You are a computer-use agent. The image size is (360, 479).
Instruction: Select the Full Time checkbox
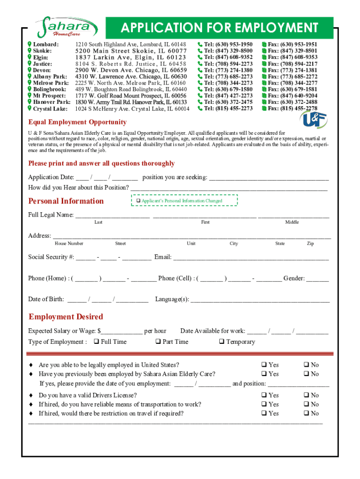[96, 341]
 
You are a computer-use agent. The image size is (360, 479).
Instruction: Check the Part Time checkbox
[158, 341]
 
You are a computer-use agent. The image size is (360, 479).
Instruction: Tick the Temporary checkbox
[222, 341]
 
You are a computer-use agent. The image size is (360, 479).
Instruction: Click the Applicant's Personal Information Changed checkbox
[138, 201]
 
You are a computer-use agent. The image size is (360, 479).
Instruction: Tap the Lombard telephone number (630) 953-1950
[228, 44]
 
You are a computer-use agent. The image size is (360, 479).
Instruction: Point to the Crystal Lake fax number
[292, 108]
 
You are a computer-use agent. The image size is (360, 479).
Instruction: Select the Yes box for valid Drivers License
[264, 395]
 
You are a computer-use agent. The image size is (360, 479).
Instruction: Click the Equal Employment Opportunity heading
[77, 122]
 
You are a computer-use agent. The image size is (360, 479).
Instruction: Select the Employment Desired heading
[65, 317]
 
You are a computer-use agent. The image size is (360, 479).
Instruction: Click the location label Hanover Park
[52, 102]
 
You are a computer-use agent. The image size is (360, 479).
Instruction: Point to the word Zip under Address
[310, 243]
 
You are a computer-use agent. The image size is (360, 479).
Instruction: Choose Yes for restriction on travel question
[264, 414]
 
